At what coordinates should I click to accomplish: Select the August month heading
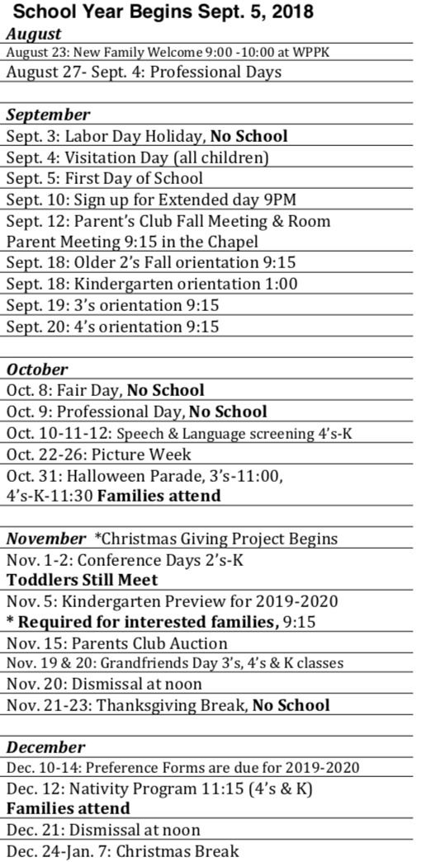pos(34,35)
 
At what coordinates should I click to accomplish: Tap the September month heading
pos(49,115)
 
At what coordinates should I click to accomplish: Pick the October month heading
pos(38,369)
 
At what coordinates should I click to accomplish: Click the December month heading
pos(46,747)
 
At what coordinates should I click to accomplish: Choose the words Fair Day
pos(89,389)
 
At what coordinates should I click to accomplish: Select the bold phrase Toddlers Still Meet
pos(82,580)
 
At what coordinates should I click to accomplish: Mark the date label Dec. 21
pos(31,830)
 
